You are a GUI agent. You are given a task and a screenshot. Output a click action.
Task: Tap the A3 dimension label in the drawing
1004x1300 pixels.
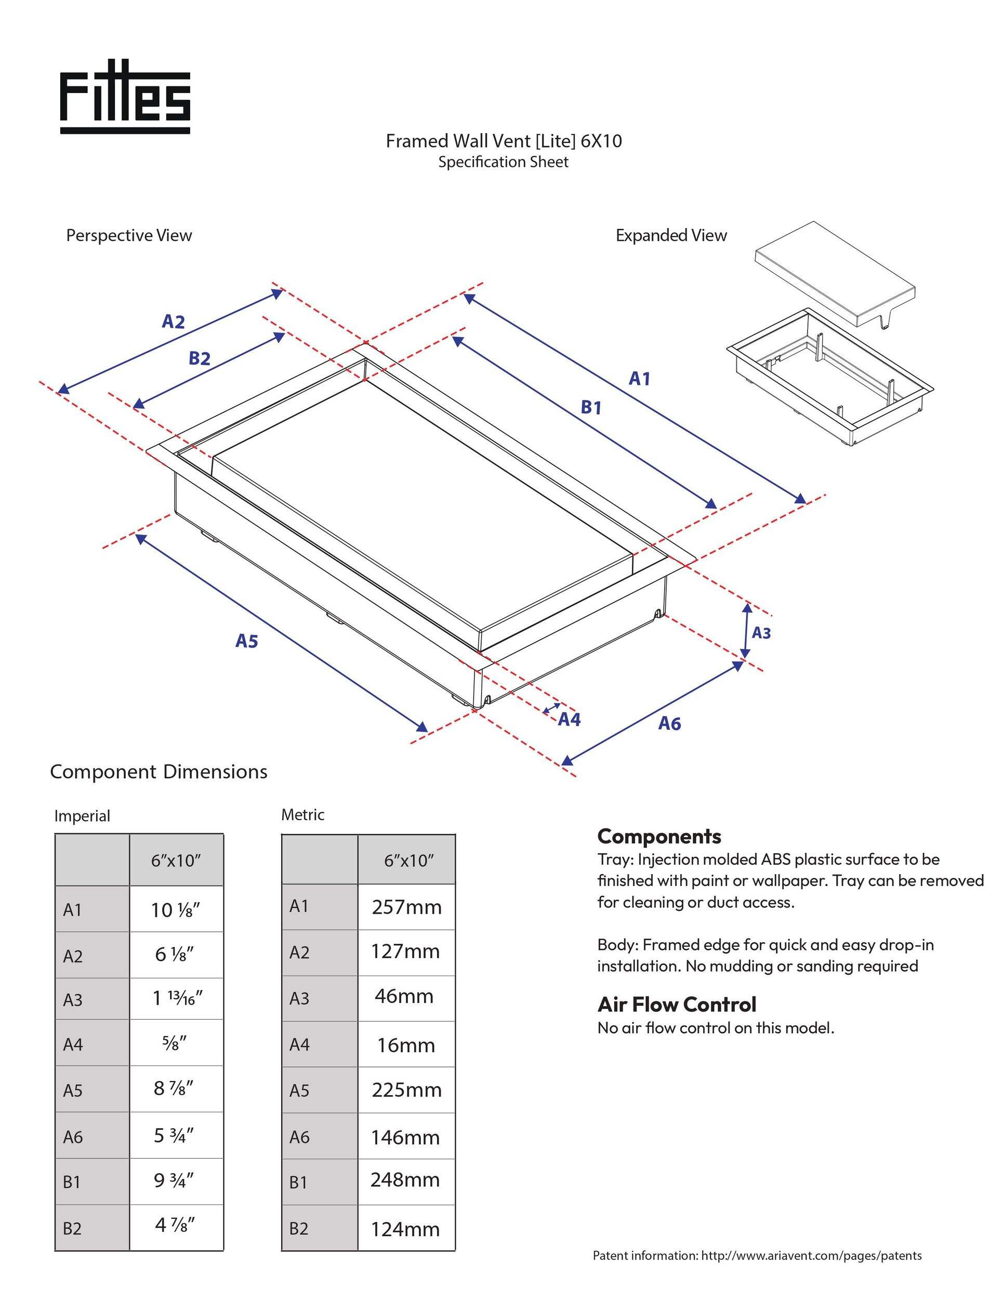pyautogui.click(x=761, y=633)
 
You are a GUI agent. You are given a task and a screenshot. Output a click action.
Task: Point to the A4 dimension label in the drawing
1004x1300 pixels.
pyautogui.click(x=569, y=720)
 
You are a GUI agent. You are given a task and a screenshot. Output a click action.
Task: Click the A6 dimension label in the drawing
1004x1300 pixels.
pyautogui.click(x=669, y=723)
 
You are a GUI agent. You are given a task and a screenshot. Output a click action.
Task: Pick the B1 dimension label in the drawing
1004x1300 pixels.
pyautogui.click(x=591, y=408)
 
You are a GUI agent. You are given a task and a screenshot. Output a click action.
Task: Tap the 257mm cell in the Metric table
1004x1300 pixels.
pyautogui.click(x=406, y=907)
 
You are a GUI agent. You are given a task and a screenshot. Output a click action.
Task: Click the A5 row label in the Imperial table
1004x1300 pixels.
pyautogui.click(x=73, y=1090)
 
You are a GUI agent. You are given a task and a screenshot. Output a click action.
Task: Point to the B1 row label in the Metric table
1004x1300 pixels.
pyautogui.click(x=299, y=1182)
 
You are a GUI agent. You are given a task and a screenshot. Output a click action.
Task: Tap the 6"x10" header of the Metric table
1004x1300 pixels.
pyautogui.click(x=408, y=860)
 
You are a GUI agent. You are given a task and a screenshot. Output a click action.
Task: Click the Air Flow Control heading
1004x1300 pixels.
pyautogui.click(x=676, y=1005)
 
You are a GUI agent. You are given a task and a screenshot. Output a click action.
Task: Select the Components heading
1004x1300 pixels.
pyautogui.click(x=659, y=836)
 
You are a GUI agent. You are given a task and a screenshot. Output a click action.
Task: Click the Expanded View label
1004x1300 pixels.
pyautogui.click(x=671, y=236)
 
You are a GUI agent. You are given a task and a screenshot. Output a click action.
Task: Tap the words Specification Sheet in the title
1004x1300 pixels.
pyautogui.click(x=503, y=162)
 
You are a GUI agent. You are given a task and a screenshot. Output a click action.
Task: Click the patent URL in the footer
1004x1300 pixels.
pyautogui.click(x=811, y=1256)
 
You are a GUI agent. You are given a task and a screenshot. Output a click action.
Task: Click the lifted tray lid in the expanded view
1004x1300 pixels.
pyautogui.click(x=833, y=271)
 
